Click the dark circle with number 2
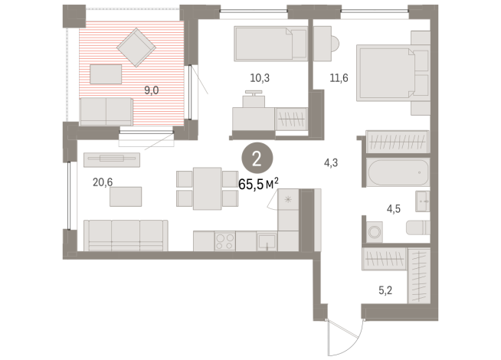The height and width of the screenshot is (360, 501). coord(256,159)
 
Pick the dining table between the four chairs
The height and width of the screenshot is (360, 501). coord(208,188)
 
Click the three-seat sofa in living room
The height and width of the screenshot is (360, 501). coord(126,235)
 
